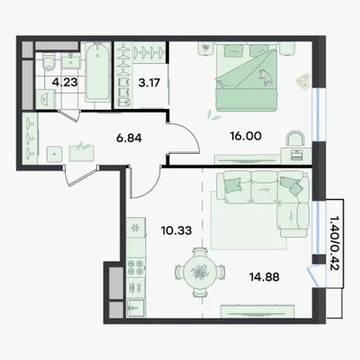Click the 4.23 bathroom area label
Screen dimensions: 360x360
[65, 82]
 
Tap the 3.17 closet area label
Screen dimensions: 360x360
[149, 83]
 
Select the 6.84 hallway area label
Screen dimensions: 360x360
[129, 139]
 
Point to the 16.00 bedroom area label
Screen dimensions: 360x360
[246, 136]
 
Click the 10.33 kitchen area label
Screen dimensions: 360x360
[176, 230]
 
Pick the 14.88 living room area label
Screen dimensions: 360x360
[265, 277]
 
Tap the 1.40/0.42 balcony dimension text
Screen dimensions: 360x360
[334, 243]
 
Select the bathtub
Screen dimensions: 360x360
[98, 72]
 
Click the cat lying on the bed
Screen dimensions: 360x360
[265, 77]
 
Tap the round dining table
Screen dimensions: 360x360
[199, 272]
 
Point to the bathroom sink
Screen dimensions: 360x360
[71, 61]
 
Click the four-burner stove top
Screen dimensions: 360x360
[136, 267]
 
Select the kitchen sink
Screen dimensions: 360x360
[136, 308]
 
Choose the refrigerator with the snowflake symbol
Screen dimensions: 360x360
[136, 229]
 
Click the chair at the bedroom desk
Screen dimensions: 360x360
[296, 139]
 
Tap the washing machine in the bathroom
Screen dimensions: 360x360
[45, 99]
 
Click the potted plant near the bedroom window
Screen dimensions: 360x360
[303, 81]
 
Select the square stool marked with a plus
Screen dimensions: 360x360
[54, 155]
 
